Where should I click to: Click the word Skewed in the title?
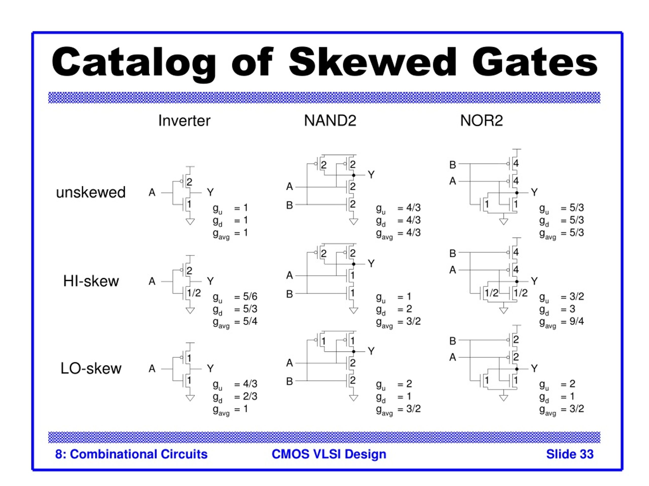(373, 62)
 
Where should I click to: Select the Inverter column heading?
(184, 121)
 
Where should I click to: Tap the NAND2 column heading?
(330, 120)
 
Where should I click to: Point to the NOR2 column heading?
(481, 120)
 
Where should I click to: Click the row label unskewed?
(91, 192)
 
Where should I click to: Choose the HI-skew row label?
(91, 281)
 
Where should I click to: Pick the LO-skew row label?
(91, 368)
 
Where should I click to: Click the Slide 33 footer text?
(570, 454)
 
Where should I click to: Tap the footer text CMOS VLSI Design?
(329, 454)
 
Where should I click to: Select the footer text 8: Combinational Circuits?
(131, 454)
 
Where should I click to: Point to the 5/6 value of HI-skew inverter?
(250, 296)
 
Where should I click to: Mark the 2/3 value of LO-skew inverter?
(250, 396)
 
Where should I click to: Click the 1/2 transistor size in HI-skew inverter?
(194, 293)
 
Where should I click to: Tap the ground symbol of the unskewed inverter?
(190, 222)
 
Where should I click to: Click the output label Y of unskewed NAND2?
(371, 175)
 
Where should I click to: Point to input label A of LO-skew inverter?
(152, 369)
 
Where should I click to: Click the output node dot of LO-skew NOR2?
(517, 369)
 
